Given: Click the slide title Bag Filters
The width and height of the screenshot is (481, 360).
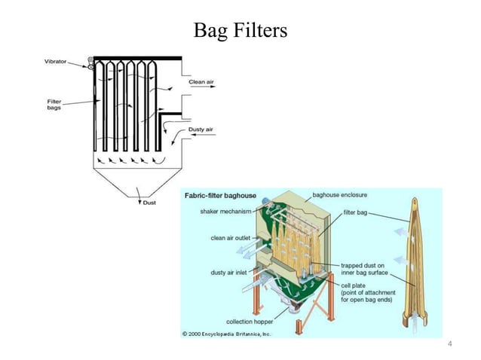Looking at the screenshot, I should tap(240, 31).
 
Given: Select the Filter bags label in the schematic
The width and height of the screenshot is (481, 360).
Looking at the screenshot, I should tap(54, 104).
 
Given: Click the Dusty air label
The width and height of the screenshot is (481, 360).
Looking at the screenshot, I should tap(200, 130).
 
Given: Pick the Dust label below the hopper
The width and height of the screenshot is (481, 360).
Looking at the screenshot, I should tap(149, 203).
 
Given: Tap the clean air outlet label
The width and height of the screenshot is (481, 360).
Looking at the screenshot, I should tap(231, 237).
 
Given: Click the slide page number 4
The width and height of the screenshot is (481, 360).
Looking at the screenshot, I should tap(449, 344).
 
